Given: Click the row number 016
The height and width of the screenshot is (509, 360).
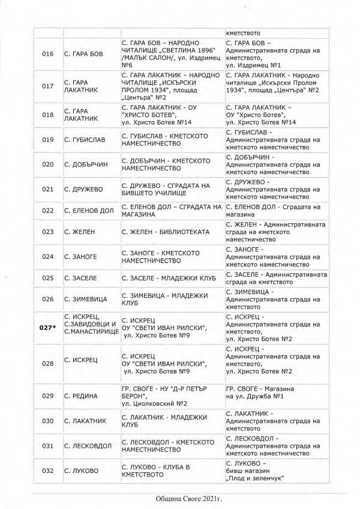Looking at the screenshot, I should pyautogui.click(x=47, y=54).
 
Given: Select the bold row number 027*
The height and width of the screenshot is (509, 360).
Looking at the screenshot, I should pyautogui.click(x=47, y=328).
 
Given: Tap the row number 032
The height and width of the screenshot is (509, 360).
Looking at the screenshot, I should pyautogui.click(x=47, y=470).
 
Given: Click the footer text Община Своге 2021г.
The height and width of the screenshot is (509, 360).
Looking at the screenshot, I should pyautogui.click(x=180, y=499).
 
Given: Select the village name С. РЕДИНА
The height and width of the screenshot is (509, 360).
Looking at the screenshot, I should pyautogui.click(x=80, y=396).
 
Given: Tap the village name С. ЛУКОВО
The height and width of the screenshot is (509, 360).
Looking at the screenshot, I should pyautogui.click(x=81, y=470).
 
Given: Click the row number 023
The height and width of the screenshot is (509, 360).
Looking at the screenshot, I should pyautogui.click(x=47, y=231).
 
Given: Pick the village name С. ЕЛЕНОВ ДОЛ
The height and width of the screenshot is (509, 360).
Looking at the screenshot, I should pyautogui.click(x=89, y=210).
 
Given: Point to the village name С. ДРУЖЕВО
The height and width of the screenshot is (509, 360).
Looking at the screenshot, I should pyautogui.click(x=83, y=189).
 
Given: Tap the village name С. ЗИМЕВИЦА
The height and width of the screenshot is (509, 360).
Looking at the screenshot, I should pyautogui.click(x=86, y=299).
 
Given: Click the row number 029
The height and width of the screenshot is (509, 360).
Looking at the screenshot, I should pyautogui.click(x=47, y=396).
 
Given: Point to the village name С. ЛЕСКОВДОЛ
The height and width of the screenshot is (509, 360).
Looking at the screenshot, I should pyautogui.click(x=88, y=445).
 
